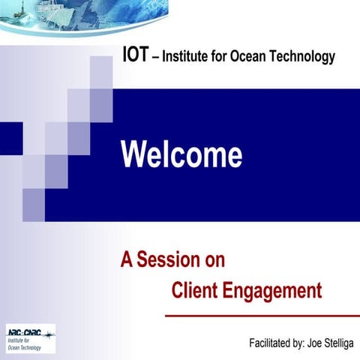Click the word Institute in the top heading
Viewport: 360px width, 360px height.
tap(185, 56)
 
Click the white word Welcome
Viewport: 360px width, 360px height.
tap(181, 154)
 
